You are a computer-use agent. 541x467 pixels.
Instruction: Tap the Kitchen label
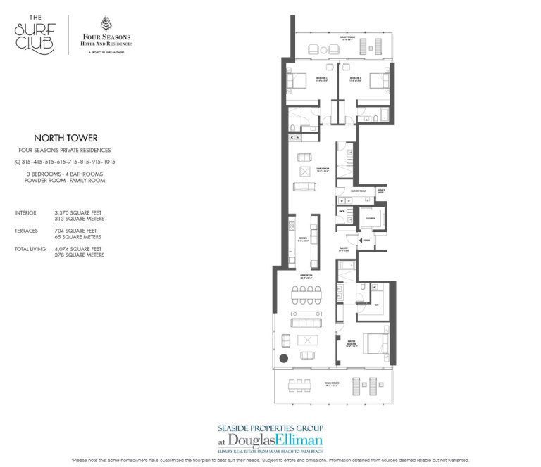coord(303,240)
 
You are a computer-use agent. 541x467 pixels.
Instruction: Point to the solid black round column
coord(283,359)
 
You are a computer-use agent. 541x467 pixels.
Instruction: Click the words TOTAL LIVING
coord(29,249)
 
